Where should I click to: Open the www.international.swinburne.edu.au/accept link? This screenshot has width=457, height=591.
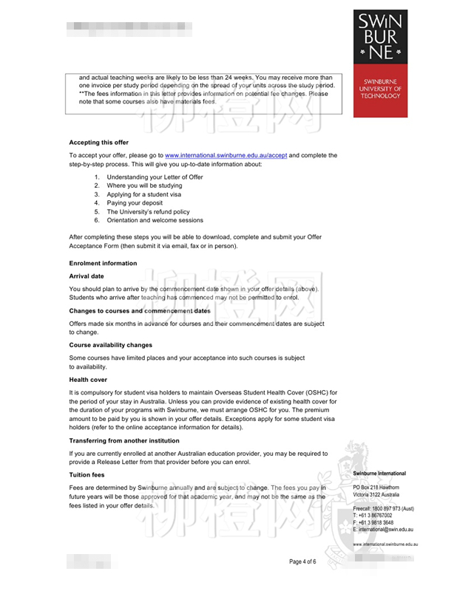point(226,155)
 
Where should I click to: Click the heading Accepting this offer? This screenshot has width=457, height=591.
point(98,142)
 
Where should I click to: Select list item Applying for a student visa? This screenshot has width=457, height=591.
point(143,194)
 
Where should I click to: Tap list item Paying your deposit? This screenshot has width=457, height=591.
point(135,202)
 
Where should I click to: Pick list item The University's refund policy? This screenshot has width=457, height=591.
point(148,211)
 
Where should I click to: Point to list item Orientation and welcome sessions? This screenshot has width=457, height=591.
point(155,220)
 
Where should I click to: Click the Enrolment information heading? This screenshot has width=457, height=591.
point(103,263)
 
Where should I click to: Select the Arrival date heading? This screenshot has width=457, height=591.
point(87,276)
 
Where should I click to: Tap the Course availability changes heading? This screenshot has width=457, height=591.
point(110,345)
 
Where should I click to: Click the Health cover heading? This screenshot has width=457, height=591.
point(88,380)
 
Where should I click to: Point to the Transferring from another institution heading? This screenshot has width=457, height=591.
point(124,440)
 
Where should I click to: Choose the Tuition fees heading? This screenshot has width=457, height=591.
point(86,475)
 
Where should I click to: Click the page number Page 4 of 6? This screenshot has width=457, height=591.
point(302,561)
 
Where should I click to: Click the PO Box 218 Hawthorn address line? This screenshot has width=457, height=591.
point(376,488)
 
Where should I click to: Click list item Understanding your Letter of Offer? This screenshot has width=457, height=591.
point(155,177)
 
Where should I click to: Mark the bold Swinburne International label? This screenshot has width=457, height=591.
point(379,474)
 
